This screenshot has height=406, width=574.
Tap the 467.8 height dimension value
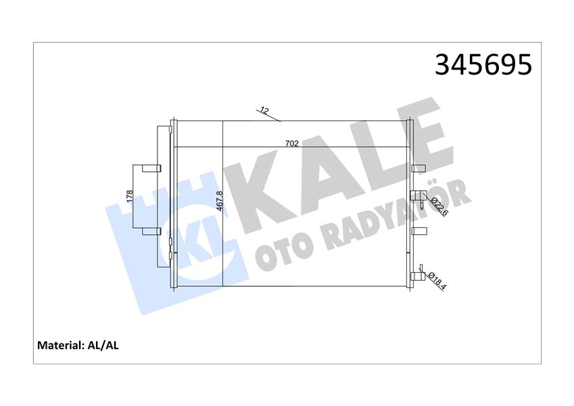click(218, 202)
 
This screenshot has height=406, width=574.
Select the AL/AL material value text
click(104, 345)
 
